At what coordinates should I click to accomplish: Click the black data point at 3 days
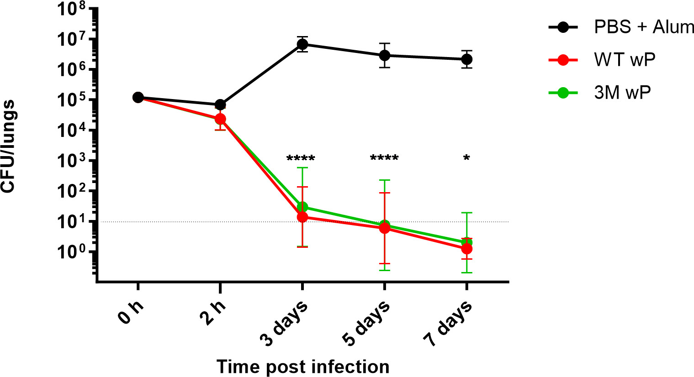click(302, 44)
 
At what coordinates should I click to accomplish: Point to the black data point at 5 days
click(385, 55)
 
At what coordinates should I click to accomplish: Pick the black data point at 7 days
click(466, 59)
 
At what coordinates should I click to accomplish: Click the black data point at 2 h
click(220, 105)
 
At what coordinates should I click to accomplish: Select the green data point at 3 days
click(302, 207)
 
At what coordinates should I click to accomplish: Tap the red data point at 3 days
click(302, 217)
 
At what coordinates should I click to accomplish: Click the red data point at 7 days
click(466, 249)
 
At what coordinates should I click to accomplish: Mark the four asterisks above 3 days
click(301, 159)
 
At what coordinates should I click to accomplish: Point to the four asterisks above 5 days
click(384, 159)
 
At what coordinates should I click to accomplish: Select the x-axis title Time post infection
click(303, 367)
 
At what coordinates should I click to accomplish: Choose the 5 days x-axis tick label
click(366, 323)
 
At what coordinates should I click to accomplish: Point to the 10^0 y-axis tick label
click(73, 251)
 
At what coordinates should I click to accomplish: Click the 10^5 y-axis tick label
click(73, 100)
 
